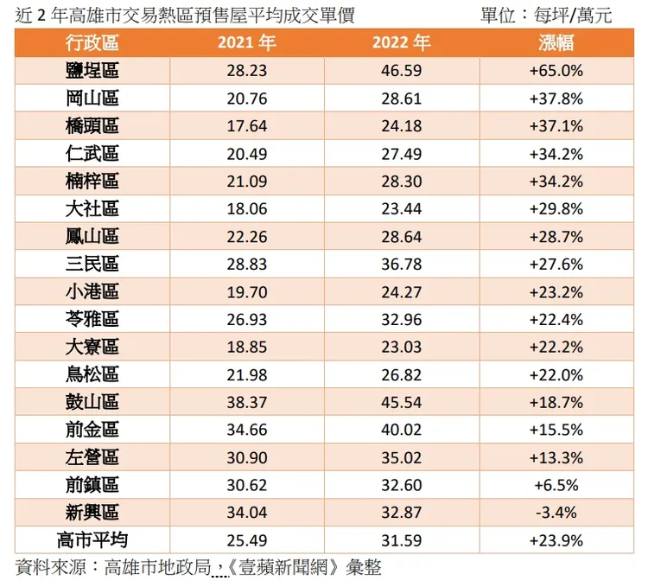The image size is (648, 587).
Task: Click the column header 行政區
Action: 92,43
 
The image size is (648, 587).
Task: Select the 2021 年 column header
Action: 246,43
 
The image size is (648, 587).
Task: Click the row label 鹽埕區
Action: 92,71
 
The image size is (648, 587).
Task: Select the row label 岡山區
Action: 92,99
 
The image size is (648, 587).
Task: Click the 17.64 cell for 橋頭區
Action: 246,126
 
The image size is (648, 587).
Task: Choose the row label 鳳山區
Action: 92,237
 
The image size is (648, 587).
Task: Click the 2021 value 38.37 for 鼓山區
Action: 246,402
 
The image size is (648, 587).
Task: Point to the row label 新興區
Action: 92,513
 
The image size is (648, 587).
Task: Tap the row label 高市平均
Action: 92,540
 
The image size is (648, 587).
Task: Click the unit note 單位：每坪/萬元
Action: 545,15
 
